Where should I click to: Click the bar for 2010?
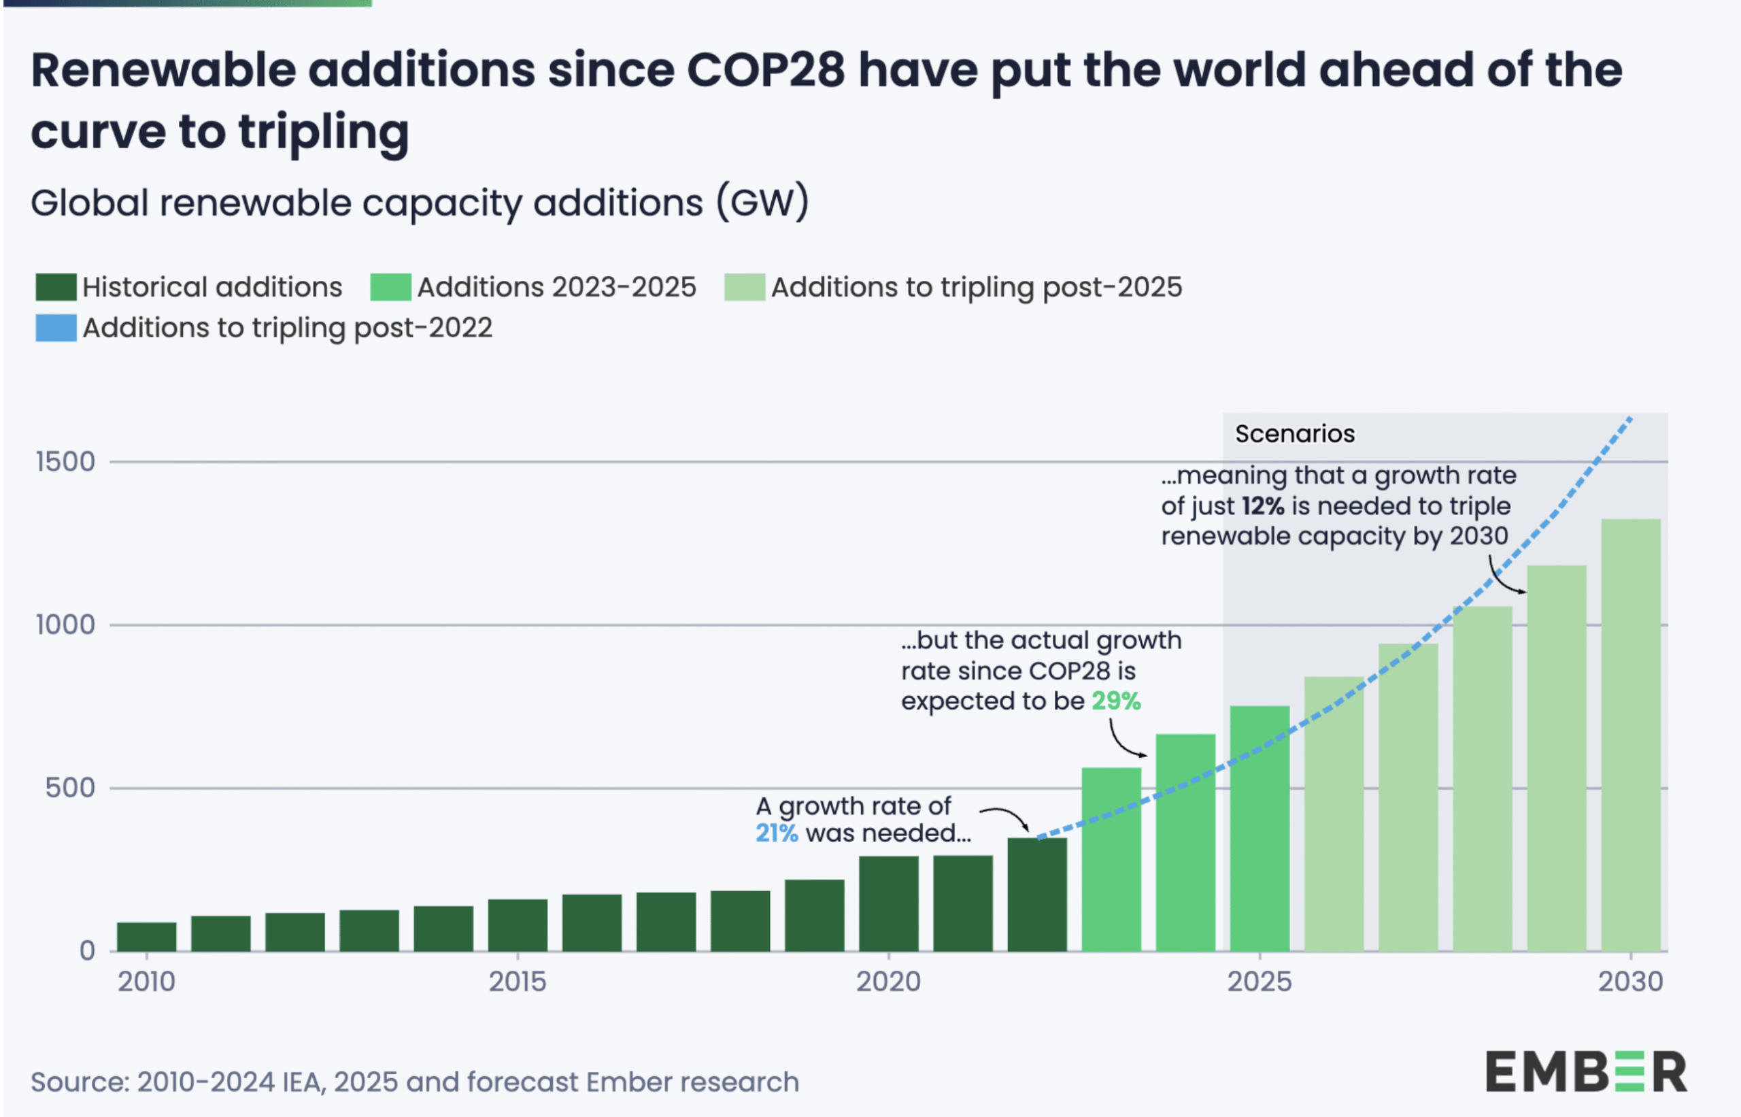[x=146, y=937]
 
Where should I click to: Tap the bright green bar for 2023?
[x=1111, y=859]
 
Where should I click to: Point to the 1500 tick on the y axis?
[x=65, y=462]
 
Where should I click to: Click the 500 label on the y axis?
[x=69, y=788]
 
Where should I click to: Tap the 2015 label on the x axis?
[x=517, y=982]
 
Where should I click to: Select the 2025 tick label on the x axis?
[x=1260, y=982]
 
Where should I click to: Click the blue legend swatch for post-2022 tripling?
[x=56, y=328]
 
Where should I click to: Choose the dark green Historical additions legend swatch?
[x=56, y=287]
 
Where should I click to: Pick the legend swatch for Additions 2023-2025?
[x=390, y=287]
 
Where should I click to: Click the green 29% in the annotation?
[x=1116, y=701]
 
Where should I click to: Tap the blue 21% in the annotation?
[x=777, y=833]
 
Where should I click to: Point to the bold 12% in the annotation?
[x=1262, y=506]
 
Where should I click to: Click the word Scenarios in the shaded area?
[x=1294, y=434]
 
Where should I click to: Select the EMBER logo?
[x=1586, y=1072]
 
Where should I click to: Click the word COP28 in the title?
[x=766, y=70]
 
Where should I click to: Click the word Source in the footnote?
[x=78, y=1082]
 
